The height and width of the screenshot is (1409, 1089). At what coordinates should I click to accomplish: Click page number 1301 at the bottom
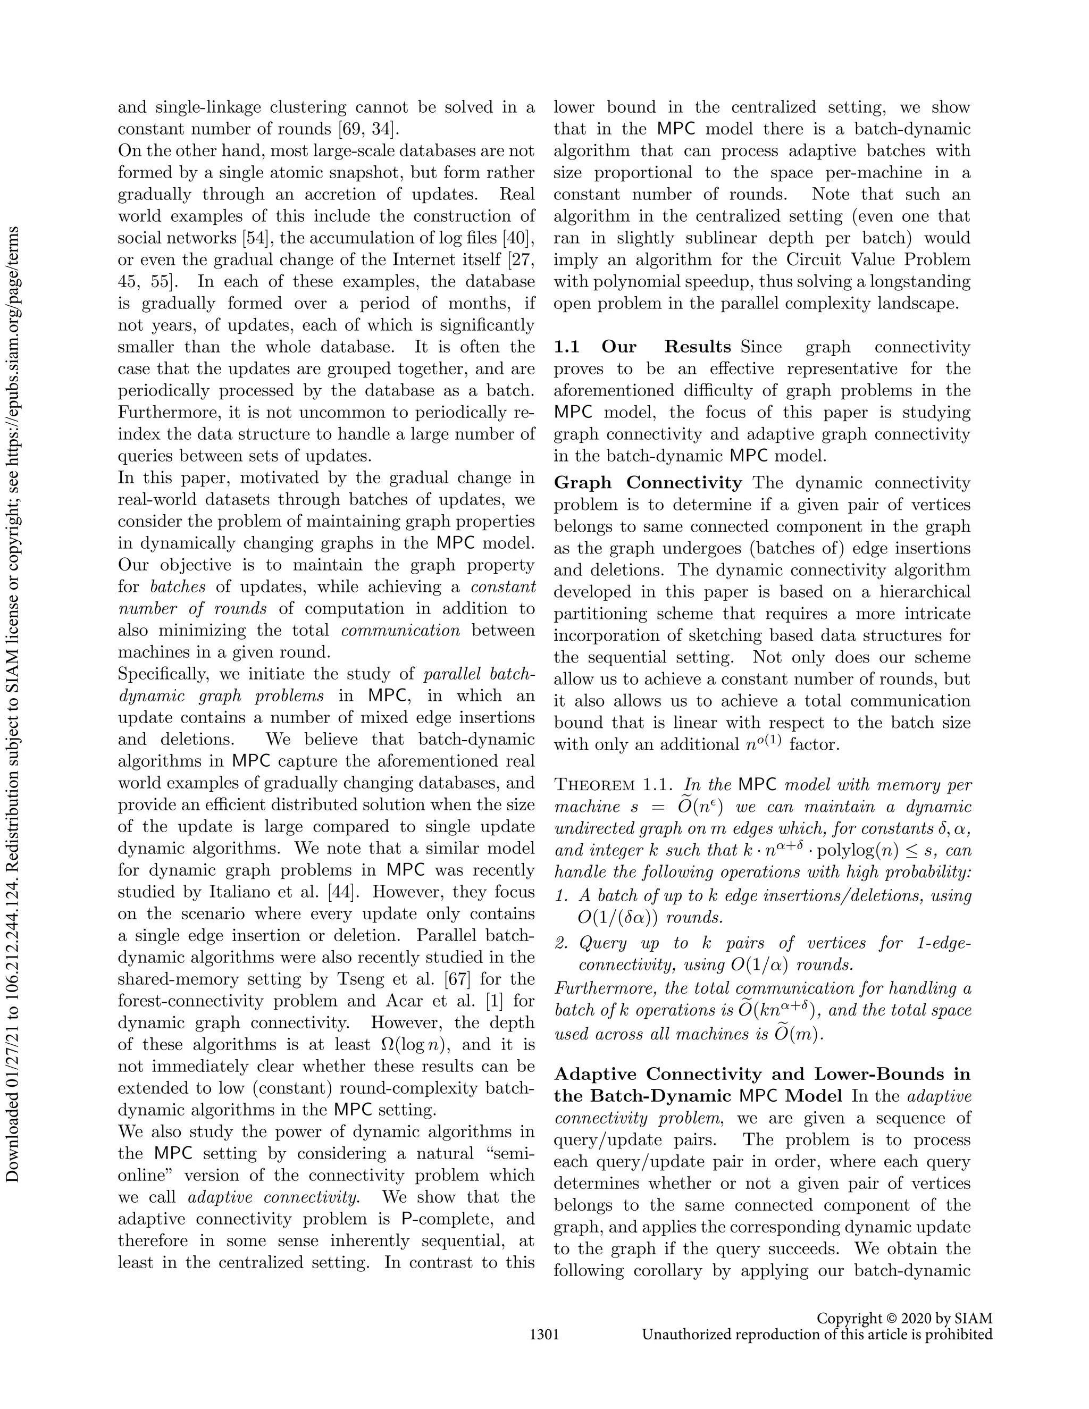click(544, 1335)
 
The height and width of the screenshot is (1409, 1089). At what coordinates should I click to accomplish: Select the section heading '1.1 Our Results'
click(642, 347)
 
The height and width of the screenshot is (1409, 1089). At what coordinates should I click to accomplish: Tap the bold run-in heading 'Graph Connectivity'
click(648, 483)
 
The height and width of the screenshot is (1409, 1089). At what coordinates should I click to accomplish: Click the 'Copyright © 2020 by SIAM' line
click(904, 1319)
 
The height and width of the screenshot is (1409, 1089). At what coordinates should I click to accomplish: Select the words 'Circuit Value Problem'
click(878, 260)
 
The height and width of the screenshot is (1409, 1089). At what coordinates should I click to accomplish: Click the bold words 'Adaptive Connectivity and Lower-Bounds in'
click(762, 1074)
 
